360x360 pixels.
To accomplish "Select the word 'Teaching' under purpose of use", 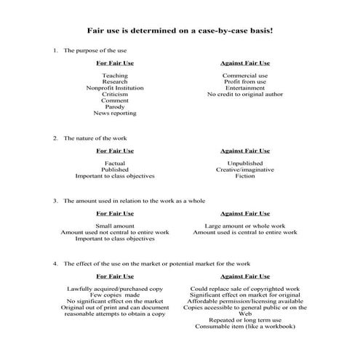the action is pyautogui.click(x=115, y=75).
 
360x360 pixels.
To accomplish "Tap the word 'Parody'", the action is pyautogui.click(x=115, y=107).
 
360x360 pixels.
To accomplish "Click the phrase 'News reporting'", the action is pyautogui.click(x=115, y=113).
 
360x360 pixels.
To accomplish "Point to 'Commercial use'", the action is pyautogui.click(x=244, y=75).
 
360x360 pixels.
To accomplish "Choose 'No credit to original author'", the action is pyautogui.click(x=244, y=94).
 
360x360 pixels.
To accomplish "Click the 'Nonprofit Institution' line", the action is pyautogui.click(x=115, y=88).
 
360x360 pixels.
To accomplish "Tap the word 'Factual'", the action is pyautogui.click(x=115, y=163).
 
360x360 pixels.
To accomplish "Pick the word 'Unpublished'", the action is pyautogui.click(x=244, y=163).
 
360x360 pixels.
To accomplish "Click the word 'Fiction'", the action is pyautogui.click(x=244, y=176).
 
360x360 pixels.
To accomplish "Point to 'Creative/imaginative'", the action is pyautogui.click(x=244, y=169).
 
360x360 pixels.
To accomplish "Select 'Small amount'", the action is pyautogui.click(x=115, y=225).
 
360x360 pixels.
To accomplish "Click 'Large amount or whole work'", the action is pyautogui.click(x=244, y=225).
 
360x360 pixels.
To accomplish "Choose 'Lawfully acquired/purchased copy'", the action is pyautogui.click(x=115, y=289).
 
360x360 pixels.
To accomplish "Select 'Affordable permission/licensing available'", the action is pyautogui.click(x=244, y=302).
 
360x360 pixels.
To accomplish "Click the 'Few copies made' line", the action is pyautogui.click(x=115, y=295).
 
